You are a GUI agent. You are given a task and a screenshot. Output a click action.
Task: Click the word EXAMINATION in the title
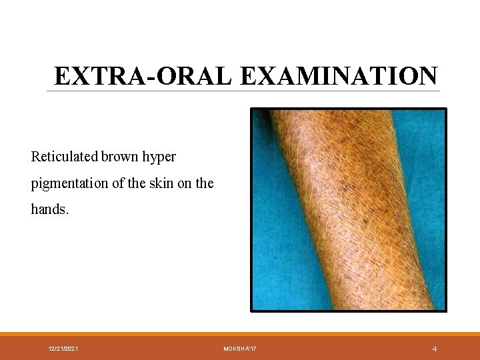338,76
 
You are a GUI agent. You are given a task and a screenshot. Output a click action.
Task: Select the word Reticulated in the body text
65,157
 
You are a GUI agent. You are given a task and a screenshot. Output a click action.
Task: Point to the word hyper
161,158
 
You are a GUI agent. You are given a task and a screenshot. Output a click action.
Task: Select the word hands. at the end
49,209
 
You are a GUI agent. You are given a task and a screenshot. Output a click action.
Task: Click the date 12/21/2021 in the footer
63,349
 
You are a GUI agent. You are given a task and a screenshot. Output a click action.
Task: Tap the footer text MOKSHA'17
240,349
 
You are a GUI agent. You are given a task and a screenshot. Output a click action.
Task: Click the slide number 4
434,349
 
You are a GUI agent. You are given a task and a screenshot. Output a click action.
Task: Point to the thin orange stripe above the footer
240,334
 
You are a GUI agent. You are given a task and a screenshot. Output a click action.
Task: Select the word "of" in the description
118,183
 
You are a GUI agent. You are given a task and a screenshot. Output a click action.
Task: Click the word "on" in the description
185,183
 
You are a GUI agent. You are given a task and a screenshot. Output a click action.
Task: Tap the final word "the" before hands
204,183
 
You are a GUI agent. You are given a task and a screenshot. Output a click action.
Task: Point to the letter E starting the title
61,76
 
